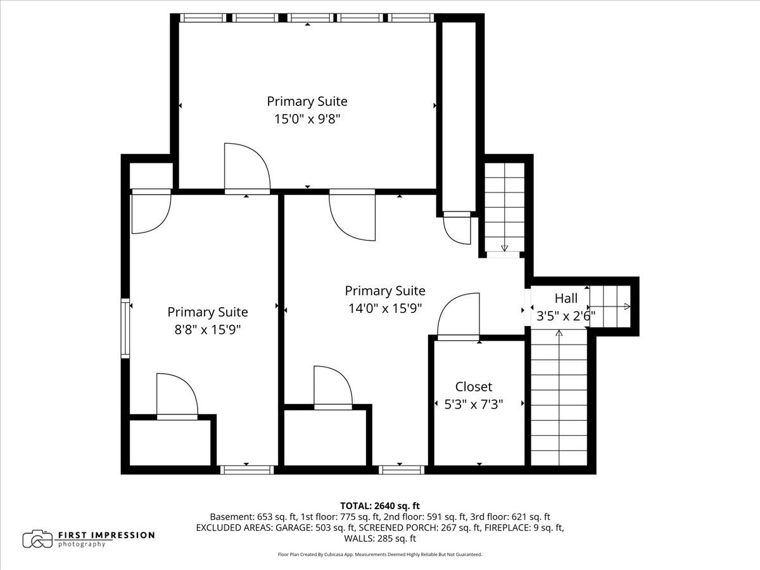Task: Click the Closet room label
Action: point(473,386)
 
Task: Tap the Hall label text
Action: point(566,298)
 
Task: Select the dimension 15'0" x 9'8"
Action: point(307,119)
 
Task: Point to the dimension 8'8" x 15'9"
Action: point(207,329)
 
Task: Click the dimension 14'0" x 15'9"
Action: point(385,308)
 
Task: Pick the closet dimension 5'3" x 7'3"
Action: point(473,404)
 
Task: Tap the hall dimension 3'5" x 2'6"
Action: point(566,315)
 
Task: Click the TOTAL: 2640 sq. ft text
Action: point(380,506)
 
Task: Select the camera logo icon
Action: point(37,539)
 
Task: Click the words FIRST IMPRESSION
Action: point(106,535)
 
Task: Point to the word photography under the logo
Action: point(81,545)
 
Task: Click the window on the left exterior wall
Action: point(125,328)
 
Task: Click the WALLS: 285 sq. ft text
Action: point(380,538)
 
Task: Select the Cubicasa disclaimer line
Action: point(380,554)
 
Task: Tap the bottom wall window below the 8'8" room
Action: point(247,470)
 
